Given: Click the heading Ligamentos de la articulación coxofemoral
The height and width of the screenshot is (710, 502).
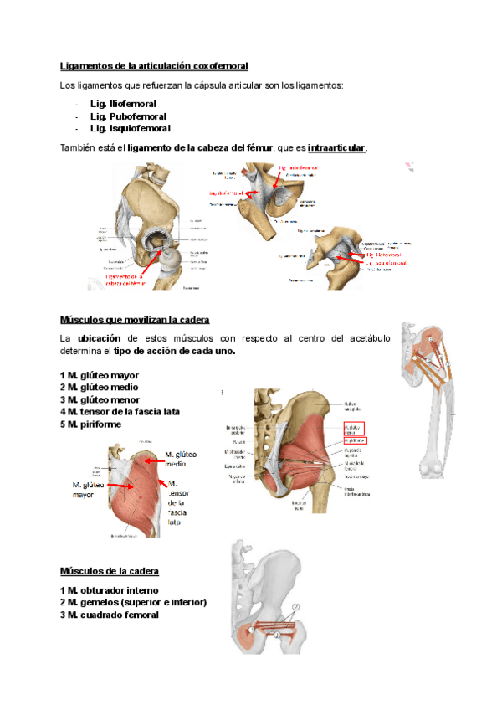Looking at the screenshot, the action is point(155,66).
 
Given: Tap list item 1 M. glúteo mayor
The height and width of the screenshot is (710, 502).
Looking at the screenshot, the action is point(100,375).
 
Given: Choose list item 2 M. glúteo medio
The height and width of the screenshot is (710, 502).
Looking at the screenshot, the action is point(100,388).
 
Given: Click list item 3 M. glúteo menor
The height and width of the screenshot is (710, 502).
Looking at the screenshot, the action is point(100,399).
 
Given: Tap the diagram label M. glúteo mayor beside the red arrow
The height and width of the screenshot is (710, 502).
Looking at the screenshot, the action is point(88,489).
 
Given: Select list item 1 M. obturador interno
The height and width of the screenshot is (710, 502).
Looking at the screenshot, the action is point(109,590).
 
